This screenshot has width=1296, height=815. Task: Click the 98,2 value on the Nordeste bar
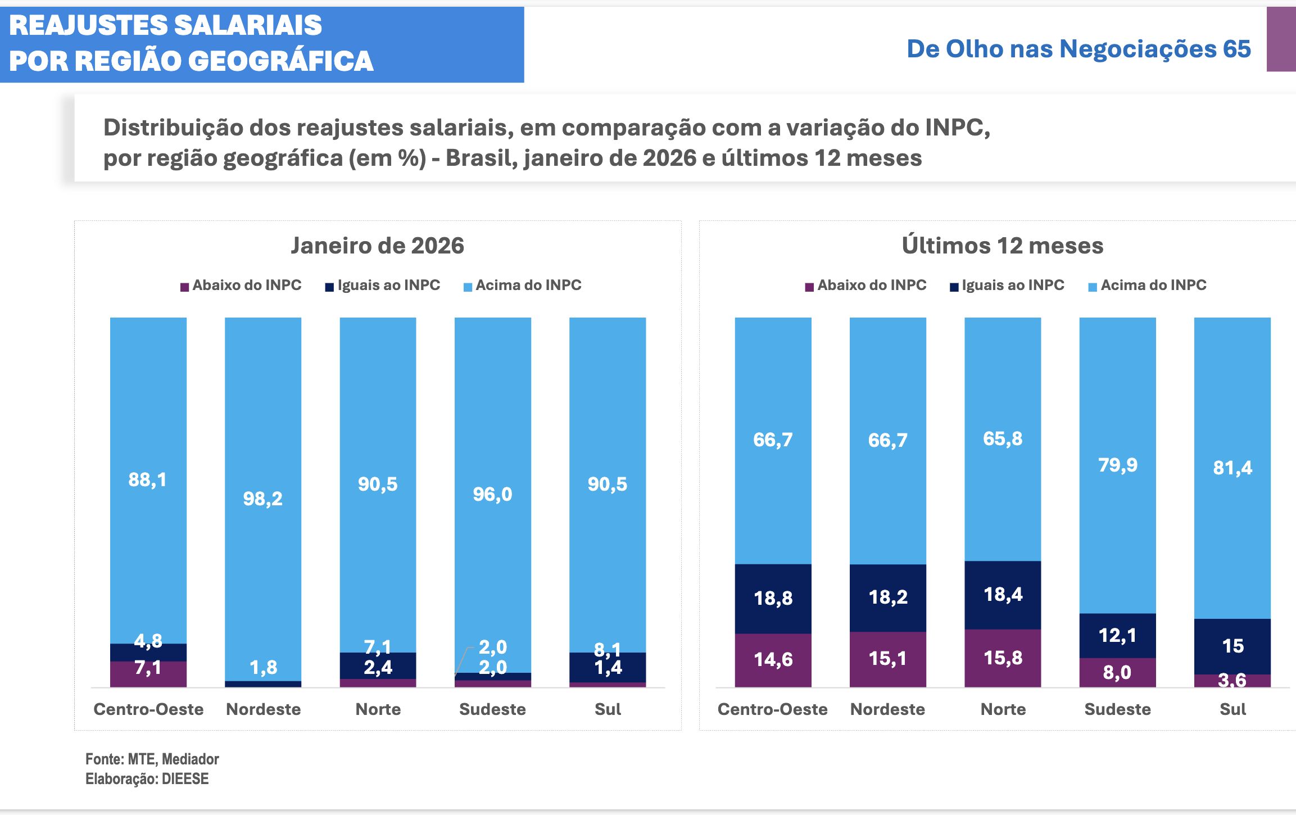click(262, 499)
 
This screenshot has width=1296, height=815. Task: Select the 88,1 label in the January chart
click(147, 479)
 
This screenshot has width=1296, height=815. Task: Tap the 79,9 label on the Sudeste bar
click(1117, 465)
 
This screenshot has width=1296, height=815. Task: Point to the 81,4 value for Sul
click(1232, 468)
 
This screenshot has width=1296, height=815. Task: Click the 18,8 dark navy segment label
click(773, 598)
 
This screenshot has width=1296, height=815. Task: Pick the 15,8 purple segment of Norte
click(1003, 658)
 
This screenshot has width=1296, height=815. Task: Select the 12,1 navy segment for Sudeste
click(1117, 635)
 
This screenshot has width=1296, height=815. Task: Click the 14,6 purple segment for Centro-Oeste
click(773, 659)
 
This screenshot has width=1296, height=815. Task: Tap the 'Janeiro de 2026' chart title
click(377, 246)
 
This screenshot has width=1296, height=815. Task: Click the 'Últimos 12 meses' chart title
click(1003, 246)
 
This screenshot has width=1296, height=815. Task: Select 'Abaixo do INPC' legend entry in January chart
click(246, 285)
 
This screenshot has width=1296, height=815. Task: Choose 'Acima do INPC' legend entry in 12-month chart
click(1153, 285)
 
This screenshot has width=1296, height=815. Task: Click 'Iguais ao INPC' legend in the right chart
click(1012, 285)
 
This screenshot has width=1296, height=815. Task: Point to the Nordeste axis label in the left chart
click(263, 709)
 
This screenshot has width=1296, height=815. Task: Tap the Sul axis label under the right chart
click(1232, 709)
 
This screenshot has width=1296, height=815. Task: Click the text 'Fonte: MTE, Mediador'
click(152, 759)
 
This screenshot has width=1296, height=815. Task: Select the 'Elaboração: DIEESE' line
click(147, 779)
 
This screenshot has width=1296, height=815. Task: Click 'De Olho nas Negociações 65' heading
click(1079, 49)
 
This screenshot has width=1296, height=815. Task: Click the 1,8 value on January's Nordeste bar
click(263, 667)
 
